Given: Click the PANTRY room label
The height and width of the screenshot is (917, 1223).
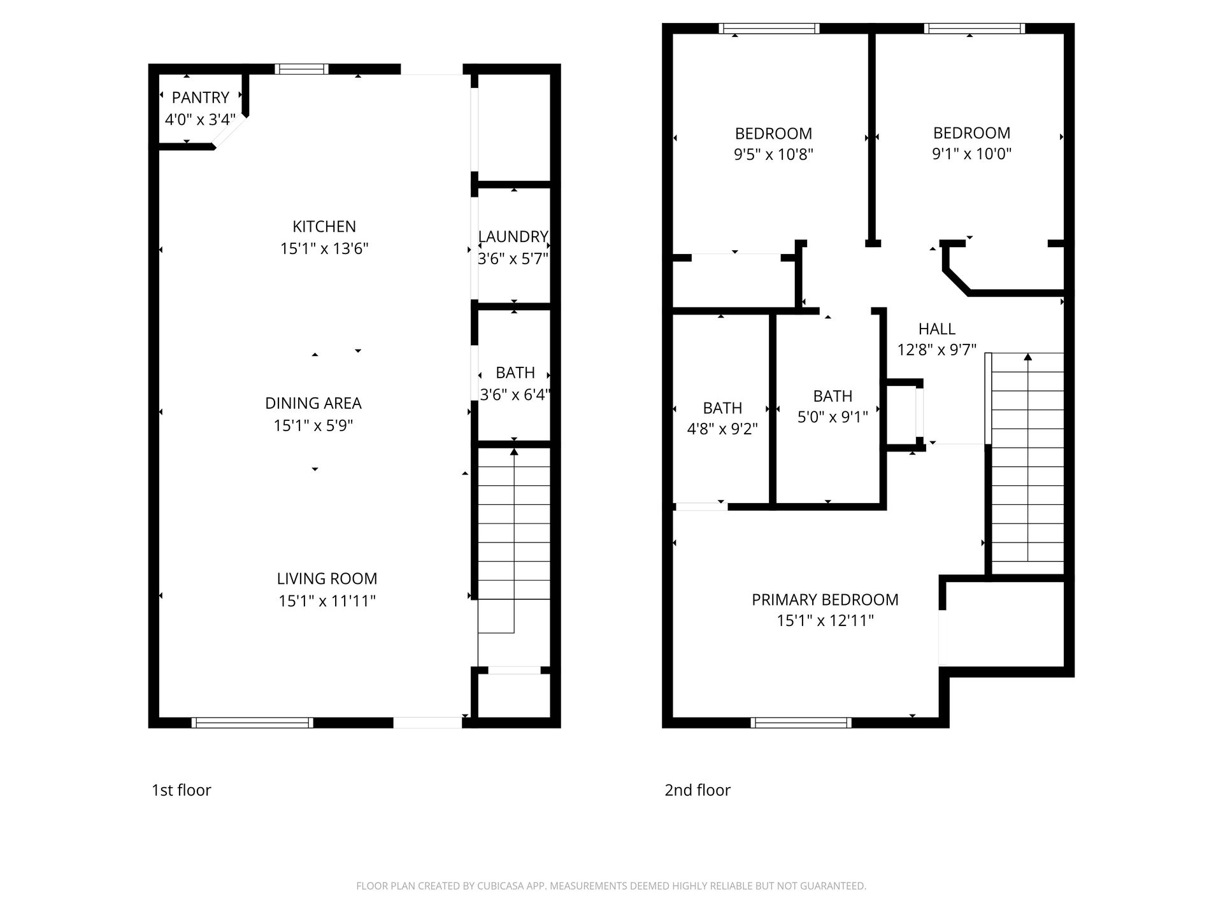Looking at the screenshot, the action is (200, 97).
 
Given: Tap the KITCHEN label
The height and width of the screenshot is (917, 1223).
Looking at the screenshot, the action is (324, 226).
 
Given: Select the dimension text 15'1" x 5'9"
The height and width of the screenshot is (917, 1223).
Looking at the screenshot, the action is (313, 425).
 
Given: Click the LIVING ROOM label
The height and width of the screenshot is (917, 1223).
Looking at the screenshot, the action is (327, 578).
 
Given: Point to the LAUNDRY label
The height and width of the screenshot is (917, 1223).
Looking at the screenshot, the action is (513, 237).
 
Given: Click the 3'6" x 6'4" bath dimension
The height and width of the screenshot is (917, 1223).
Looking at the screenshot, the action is (515, 394).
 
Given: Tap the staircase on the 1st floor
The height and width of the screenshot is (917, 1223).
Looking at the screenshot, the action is (514, 541).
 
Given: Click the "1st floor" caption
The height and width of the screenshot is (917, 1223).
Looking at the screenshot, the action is (181, 790).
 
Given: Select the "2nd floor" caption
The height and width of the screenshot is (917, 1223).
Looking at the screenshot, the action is (697, 790).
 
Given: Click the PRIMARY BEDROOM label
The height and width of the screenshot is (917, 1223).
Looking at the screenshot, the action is (825, 599).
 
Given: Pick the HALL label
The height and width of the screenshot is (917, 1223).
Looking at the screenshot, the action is (936, 329).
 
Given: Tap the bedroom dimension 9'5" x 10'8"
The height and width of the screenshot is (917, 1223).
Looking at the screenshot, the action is (774, 154).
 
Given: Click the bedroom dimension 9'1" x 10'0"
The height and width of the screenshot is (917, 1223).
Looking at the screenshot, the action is (971, 153).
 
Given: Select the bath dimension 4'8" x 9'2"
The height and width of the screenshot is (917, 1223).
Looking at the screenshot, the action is (722, 429).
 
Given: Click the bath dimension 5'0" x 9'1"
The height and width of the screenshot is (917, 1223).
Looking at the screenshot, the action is (833, 417).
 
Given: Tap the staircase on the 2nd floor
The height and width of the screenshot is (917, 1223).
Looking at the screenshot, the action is (1027, 464).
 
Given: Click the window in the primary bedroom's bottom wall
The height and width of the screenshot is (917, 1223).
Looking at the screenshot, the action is (801, 722).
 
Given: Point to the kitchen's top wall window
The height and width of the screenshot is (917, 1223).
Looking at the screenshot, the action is (302, 69).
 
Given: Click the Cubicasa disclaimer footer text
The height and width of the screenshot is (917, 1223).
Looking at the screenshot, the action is (611, 886).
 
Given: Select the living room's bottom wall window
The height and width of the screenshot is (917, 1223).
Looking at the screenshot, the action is (252, 722).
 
